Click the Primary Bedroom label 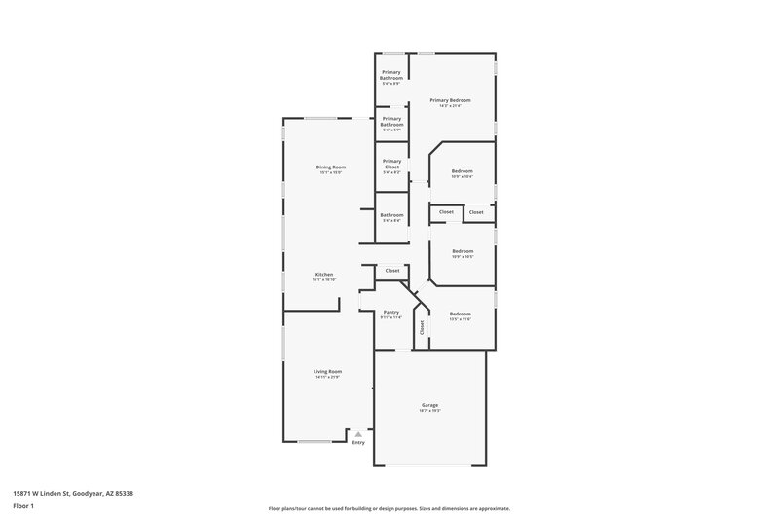451,100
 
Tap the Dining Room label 330,167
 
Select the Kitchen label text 323,274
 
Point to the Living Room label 327,371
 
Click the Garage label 429,404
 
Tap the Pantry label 390,312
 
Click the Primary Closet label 391,164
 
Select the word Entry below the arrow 358,443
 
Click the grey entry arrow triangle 358,434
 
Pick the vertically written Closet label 422,328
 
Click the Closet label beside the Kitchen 391,270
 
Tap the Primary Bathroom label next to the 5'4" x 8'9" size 391,74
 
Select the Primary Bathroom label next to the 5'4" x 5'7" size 391,122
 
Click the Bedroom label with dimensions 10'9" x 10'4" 462,171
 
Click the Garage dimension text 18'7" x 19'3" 429,411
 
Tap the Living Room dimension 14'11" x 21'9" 327,378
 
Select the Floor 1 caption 24,507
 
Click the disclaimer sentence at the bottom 389,508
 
